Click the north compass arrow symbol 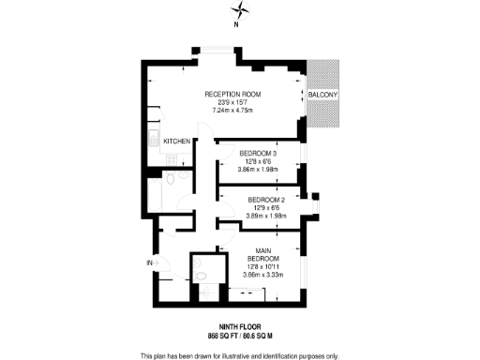pos(243,11)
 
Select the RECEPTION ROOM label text pos(233,96)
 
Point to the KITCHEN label pos(177,141)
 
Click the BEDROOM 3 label pos(257,153)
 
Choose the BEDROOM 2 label pos(266,200)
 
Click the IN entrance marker pos(148,262)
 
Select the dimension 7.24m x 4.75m pos(234,112)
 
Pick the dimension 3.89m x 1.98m pos(266,216)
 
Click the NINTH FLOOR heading pos(240,327)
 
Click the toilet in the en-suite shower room pos(200,278)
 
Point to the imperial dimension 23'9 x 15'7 pos(233,104)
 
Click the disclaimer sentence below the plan pos(240,354)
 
